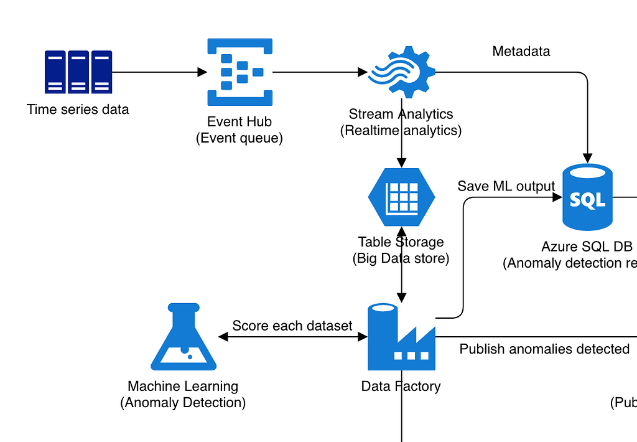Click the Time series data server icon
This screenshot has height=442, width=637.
click(78, 72)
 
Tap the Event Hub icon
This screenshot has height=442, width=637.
click(239, 72)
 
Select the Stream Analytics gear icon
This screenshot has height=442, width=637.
click(402, 72)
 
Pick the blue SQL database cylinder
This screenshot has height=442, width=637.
click(587, 197)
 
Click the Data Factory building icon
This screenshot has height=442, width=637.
click(401, 337)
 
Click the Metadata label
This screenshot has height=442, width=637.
click(521, 51)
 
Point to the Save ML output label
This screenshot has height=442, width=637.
click(506, 186)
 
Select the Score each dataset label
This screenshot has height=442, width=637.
click(292, 326)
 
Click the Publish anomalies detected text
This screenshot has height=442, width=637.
click(544, 349)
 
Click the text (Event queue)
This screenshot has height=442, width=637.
click(239, 138)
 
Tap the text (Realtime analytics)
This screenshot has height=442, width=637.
click(401, 130)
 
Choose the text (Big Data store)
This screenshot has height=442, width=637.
click(401, 258)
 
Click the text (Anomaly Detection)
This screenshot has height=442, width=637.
click(183, 403)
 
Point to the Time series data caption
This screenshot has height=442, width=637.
click(78, 110)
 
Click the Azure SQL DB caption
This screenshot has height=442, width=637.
click(587, 247)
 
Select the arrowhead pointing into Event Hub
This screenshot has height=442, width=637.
click(202, 72)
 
